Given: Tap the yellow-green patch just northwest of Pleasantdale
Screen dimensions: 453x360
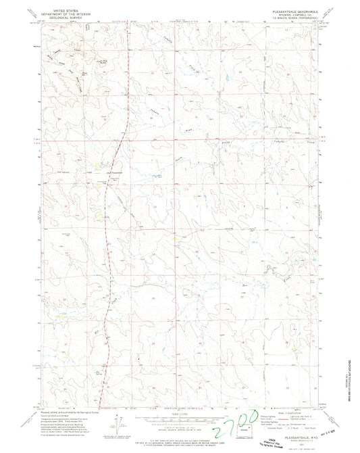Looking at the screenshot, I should [96, 166].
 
